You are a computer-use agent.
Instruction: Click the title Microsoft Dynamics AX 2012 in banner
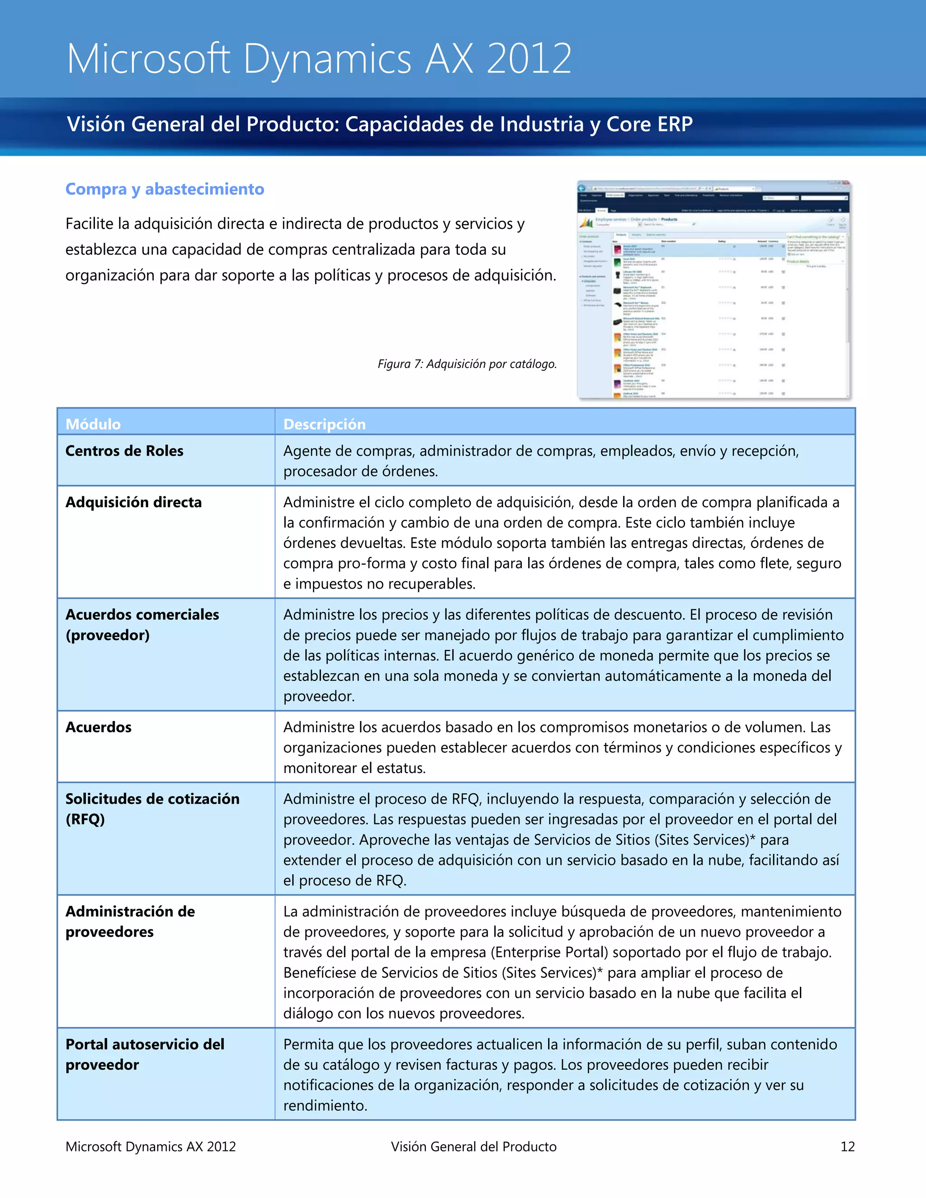click(319, 59)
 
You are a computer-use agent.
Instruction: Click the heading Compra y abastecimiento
click(165, 189)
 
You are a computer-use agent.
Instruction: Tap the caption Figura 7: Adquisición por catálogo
click(467, 363)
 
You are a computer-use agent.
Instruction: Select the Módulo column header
click(93, 424)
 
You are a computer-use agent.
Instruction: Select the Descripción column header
click(324, 424)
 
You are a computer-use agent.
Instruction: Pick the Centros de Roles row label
click(124, 451)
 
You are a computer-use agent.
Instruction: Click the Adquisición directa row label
click(133, 502)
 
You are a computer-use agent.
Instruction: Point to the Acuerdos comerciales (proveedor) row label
click(142, 625)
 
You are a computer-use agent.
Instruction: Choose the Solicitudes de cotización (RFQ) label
click(152, 809)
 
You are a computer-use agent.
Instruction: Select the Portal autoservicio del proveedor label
click(145, 1054)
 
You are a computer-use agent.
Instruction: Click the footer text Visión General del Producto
click(473, 1146)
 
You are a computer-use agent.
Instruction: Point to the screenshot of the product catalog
click(713, 290)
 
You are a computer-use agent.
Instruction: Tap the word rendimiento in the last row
click(325, 1105)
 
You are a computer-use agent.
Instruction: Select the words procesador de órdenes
click(360, 471)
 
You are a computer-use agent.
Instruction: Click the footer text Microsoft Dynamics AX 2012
click(150, 1146)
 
